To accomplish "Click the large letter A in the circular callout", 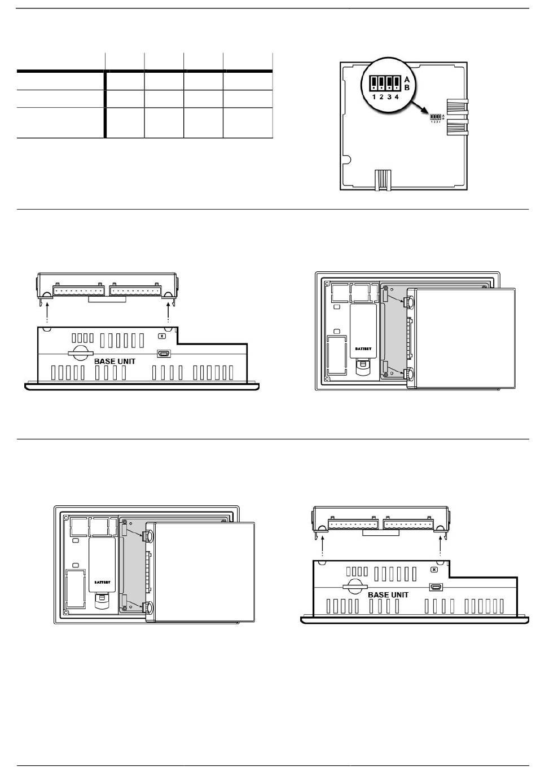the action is (407, 80).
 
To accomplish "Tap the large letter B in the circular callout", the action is (407, 88).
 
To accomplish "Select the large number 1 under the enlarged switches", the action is (374, 97).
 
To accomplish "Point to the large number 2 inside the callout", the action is (381, 97).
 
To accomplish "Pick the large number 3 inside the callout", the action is (389, 97).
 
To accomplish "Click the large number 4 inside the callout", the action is (397, 97).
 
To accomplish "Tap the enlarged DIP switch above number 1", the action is (374, 84).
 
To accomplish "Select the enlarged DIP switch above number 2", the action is (381, 84).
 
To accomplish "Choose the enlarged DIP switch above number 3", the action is (389, 84).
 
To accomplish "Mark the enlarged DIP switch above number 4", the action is (397, 84).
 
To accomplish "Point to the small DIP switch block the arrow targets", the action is (435, 117).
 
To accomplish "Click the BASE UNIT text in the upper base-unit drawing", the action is (115, 361).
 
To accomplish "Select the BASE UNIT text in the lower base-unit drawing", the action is (388, 594).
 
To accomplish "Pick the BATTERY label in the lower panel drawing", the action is (102, 581).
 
